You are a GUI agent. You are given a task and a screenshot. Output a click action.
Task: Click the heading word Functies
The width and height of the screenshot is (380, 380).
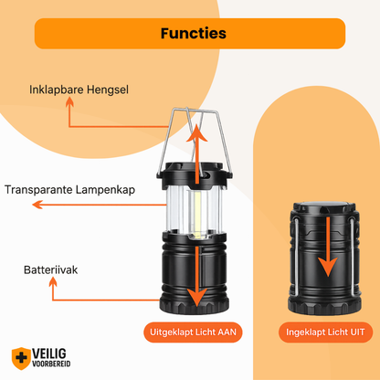(x=194, y=33)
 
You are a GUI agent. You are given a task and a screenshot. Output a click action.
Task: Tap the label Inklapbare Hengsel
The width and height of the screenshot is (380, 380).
(x=79, y=90)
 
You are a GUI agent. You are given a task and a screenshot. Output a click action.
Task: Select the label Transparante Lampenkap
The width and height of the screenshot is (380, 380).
(x=69, y=190)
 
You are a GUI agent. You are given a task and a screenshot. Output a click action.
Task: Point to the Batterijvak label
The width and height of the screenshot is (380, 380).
(x=50, y=269)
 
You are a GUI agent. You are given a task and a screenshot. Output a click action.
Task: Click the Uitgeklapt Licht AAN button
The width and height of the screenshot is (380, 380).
(x=193, y=332)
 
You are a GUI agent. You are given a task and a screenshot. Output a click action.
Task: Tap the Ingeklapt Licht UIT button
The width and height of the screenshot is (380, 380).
(x=325, y=332)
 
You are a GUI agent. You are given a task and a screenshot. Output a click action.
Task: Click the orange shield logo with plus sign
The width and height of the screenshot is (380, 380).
(x=21, y=358)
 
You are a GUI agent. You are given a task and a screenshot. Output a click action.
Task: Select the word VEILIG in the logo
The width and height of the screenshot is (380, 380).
(x=49, y=354)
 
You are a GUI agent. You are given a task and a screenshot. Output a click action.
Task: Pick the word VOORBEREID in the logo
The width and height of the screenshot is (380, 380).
(x=51, y=364)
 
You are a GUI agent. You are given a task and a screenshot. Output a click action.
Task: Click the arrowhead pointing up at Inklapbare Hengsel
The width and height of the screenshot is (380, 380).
(x=69, y=102)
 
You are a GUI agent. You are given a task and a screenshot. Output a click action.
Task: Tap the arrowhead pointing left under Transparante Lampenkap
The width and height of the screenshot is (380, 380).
(x=37, y=205)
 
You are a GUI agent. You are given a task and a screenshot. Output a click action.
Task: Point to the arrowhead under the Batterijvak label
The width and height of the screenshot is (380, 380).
(x=53, y=281)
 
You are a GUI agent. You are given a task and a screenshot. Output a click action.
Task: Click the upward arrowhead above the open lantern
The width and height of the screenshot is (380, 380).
(x=197, y=133)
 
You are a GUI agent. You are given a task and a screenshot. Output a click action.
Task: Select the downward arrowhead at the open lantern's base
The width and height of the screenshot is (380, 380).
(x=197, y=297)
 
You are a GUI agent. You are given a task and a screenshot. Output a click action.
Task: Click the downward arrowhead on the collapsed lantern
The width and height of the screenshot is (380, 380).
(x=328, y=267)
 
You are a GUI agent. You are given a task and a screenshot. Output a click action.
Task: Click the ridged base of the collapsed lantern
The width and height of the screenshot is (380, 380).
(x=324, y=305)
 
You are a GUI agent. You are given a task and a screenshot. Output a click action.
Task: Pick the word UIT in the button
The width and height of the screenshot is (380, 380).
(x=357, y=332)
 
